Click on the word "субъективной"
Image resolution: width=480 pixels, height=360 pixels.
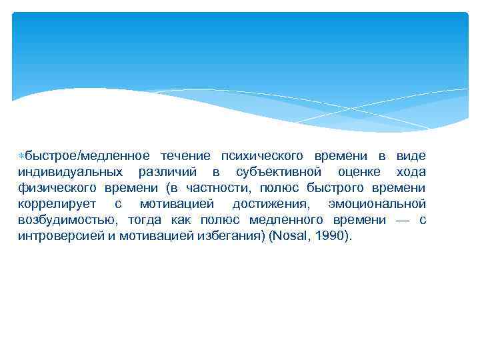tap(277, 171)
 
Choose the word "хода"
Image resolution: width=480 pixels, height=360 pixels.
tap(410, 171)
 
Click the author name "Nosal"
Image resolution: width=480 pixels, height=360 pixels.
tap(288, 235)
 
